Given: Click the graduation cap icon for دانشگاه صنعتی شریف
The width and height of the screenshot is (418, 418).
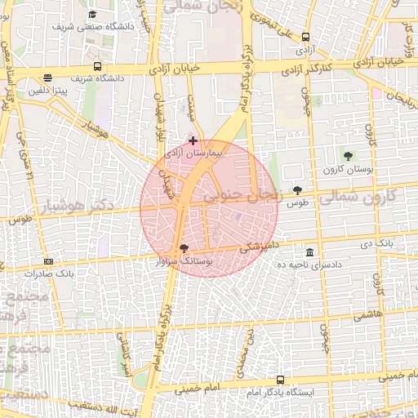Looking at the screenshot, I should (x=92, y=15).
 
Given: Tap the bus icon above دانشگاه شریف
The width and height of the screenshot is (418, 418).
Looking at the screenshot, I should (x=97, y=66).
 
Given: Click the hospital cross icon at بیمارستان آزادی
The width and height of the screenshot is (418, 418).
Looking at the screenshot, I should (x=193, y=140).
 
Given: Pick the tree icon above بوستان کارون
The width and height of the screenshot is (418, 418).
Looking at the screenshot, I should (x=349, y=155).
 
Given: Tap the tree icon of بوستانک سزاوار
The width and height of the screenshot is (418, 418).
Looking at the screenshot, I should (x=184, y=247).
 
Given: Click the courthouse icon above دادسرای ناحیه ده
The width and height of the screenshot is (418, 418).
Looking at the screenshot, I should (x=309, y=251).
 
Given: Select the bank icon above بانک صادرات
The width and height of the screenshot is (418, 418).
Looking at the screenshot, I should (x=49, y=261).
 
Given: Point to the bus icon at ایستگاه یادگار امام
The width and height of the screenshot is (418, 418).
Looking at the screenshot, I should (x=281, y=380).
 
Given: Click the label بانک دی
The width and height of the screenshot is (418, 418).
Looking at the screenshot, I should (x=378, y=243).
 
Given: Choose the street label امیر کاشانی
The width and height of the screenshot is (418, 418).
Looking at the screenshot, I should (x=126, y=358).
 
